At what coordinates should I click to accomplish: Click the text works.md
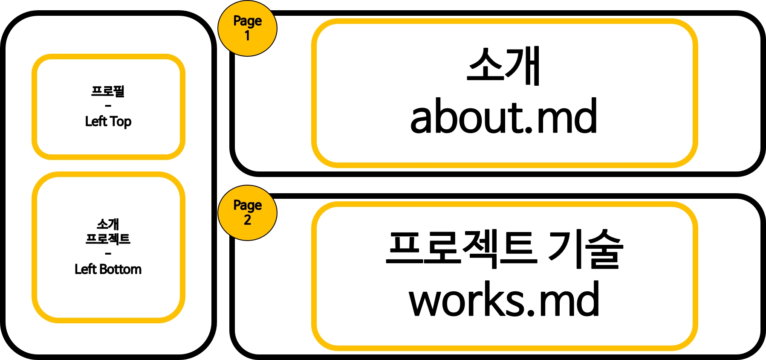point(504,299)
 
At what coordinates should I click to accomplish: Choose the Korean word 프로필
point(108,91)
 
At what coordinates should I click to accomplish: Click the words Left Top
point(108,122)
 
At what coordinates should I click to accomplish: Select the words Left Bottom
point(108,269)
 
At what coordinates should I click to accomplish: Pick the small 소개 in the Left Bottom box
point(108,224)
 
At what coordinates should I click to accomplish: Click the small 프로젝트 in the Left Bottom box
point(108,238)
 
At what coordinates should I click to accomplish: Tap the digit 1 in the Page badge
point(247,36)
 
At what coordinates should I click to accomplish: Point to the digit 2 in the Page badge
point(247,220)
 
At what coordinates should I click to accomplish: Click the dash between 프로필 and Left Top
point(108,106)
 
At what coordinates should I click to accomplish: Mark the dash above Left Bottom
point(108,254)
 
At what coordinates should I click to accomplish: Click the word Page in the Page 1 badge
point(247,21)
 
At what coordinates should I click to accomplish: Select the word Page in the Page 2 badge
point(247,206)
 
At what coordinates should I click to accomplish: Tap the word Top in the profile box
point(121,122)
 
